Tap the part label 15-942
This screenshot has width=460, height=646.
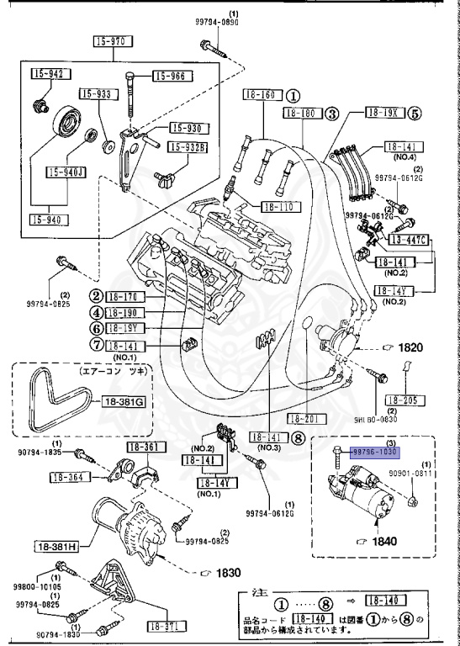tap(48, 74)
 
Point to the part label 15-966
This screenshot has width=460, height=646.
tap(172, 77)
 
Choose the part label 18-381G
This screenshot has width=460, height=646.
tap(124, 402)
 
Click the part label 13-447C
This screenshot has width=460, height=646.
tap(410, 241)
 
